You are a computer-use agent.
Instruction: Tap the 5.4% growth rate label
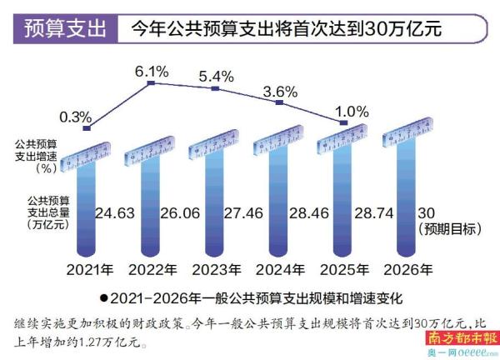pos(217,75)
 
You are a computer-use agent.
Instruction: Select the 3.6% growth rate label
pos(280,90)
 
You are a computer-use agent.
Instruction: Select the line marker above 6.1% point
pos(151,83)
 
